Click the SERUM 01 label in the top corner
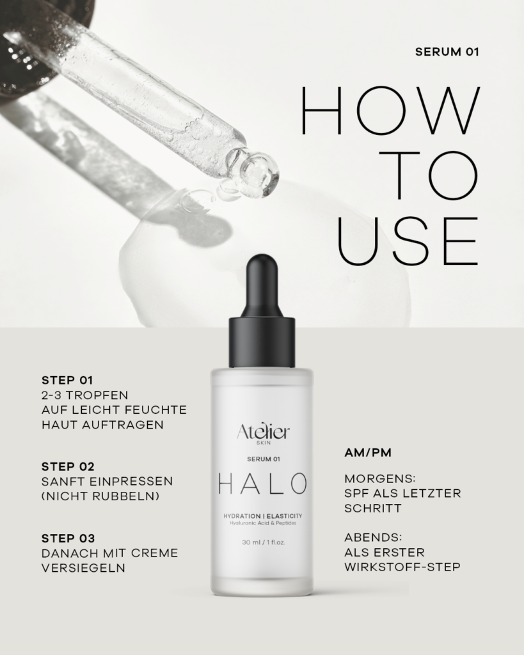point(447,52)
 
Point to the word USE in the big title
point(407,241)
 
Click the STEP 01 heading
point(67,380)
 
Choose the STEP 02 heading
point(68,466)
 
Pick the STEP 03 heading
point(68,538)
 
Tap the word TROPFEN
point(97,395)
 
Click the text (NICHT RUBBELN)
point(100,496)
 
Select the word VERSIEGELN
point(83,568)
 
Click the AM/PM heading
point(368,452)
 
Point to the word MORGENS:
point(380,478)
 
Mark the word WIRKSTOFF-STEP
point(402,567)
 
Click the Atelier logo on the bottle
point(263,432)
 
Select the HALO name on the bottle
point(262,484)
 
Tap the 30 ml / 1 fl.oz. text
point(263,542)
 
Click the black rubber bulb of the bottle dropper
point(262,285)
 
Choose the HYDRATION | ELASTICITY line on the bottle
point(263,516)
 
